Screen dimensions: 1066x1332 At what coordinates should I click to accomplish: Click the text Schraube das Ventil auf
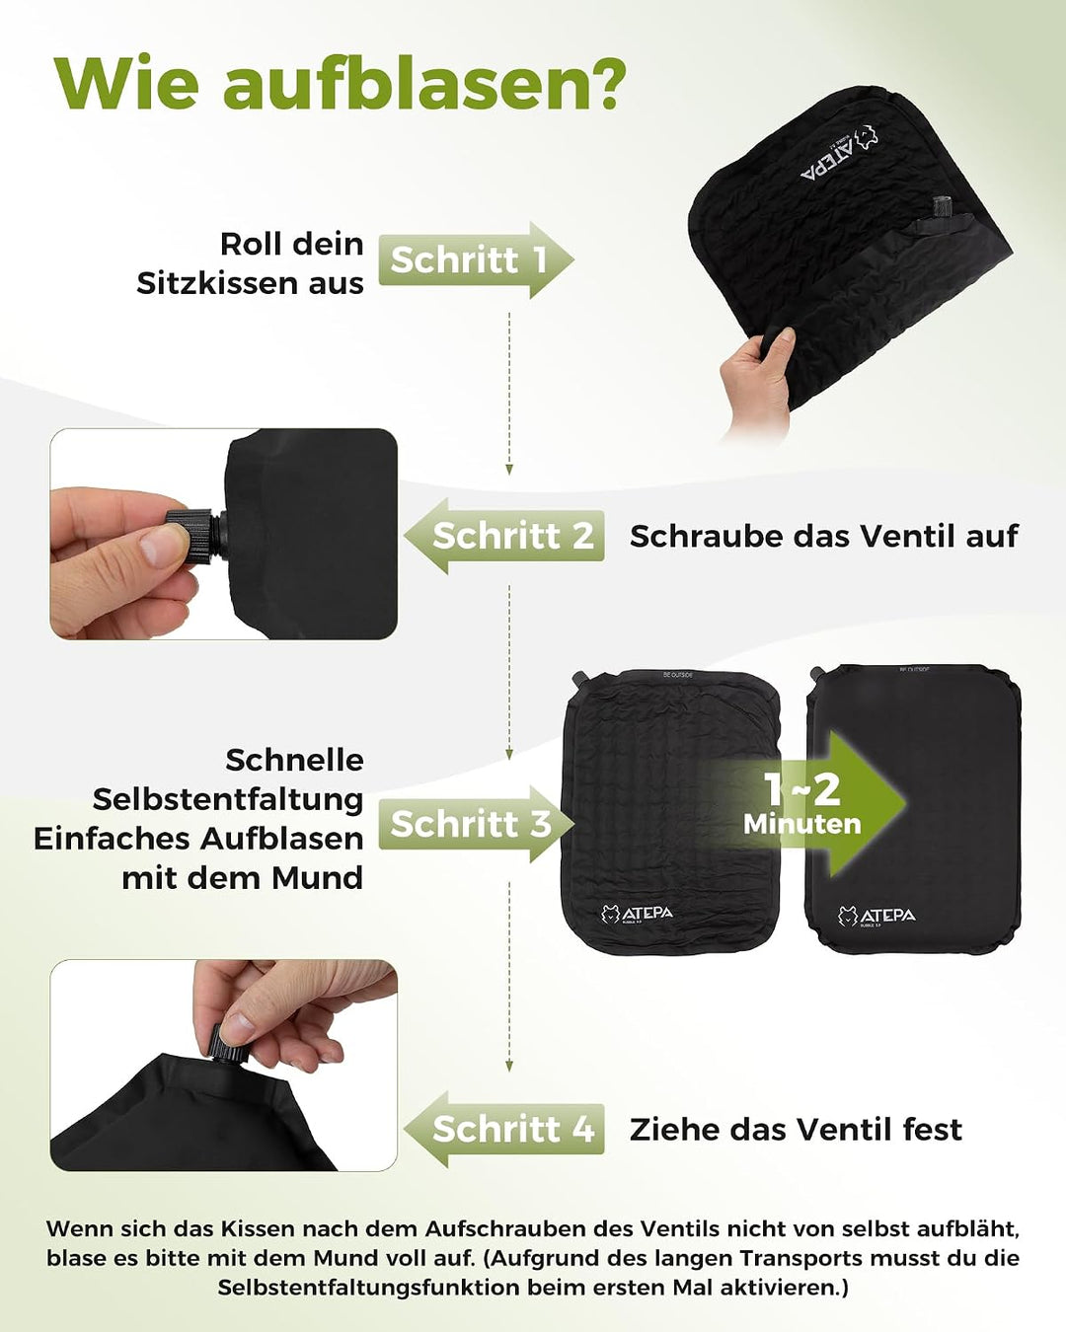click(824, 537)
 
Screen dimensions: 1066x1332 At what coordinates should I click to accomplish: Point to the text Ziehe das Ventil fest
click(796, 1130)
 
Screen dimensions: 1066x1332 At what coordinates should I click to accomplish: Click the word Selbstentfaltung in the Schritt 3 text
click(228, 799)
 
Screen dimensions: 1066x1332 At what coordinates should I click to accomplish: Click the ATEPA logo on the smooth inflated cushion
click(876, 916)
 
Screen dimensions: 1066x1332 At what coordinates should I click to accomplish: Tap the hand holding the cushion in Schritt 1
click(758, 380)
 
